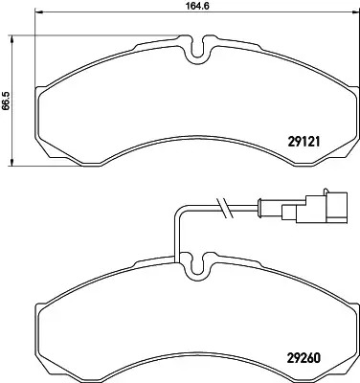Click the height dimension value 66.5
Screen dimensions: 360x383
click(x=7, y=101)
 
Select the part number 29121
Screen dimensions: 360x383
click(x=304, y=142)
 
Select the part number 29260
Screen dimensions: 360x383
click(x=304, y=358)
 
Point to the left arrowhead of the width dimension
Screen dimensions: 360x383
click(x=38, y=12)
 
